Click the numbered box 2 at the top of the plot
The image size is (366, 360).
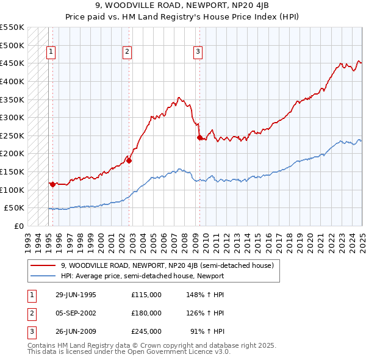tap(127, 52)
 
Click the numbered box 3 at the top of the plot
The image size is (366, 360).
tap(198, 52)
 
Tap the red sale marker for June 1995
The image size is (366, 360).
tap(53, 184)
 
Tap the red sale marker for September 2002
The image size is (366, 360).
tap(129, 160)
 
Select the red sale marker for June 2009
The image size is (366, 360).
tap(199, 138)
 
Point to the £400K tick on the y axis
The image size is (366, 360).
tap(13, 81)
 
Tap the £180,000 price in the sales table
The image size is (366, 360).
tap(146, 313)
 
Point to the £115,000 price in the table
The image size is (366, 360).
tap(146, 295)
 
